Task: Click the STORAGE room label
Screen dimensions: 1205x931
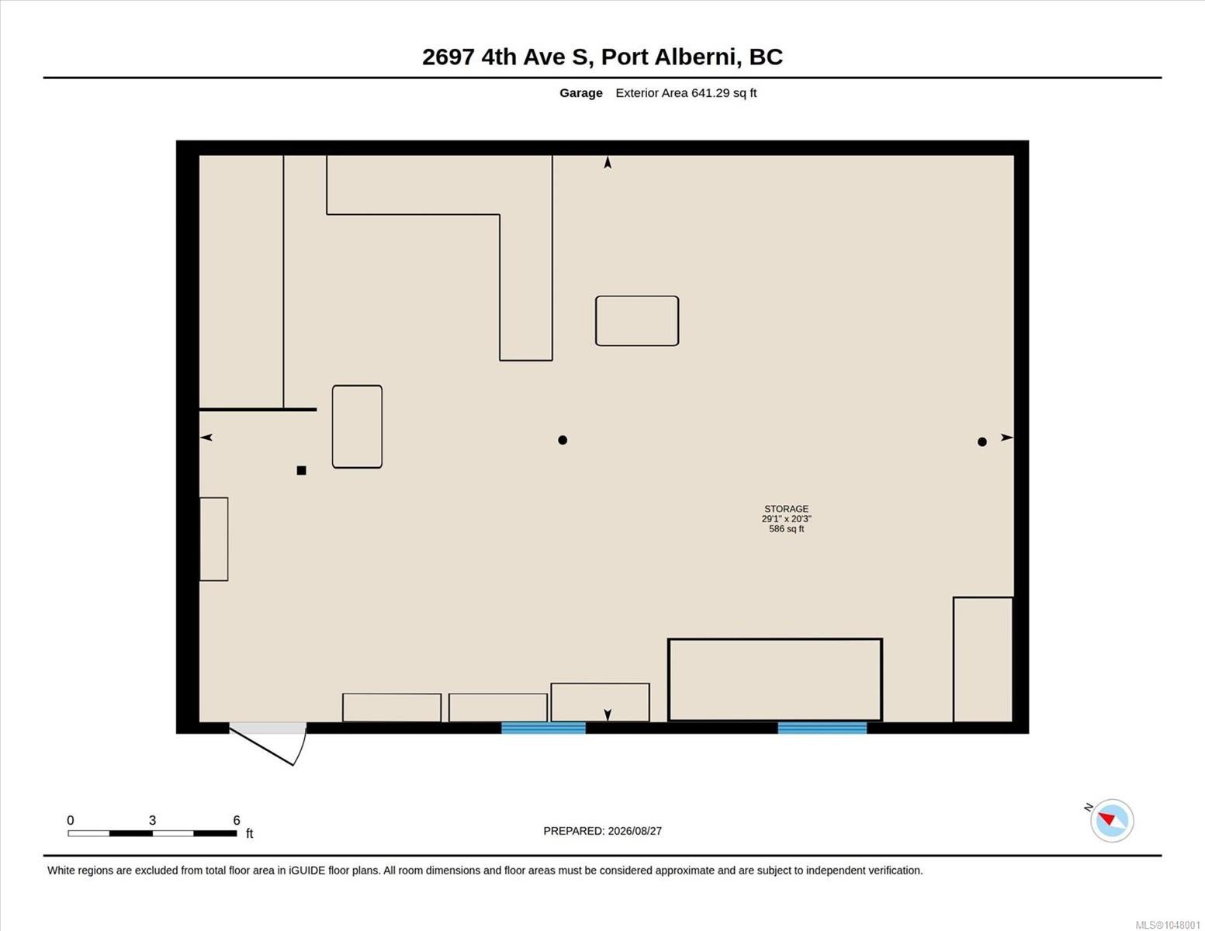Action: click(786, 508)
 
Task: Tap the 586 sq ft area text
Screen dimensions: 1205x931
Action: click(786, 529)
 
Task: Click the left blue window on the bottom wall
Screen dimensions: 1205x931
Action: click(543, 728)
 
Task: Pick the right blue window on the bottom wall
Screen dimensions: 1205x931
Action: click(822, 728)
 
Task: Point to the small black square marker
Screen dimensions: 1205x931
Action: click(301, 470)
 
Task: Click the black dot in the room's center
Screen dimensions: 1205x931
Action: click(563, 440)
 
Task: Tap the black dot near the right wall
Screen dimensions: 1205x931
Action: click(982, 441)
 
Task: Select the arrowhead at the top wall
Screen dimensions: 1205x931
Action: click(608, 162)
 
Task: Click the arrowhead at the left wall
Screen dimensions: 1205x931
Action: click(206, 438)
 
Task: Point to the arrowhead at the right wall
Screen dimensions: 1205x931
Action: click(1006, 438)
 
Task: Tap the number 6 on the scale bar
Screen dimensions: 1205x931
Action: click(236, 820)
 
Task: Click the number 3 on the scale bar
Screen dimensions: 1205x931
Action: click(153, 820)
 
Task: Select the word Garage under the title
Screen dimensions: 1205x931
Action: click(580, 93)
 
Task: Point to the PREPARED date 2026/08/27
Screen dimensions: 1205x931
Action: click(635, 831)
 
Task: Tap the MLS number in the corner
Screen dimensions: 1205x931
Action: click(1168, 925)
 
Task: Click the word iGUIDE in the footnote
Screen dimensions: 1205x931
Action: click(306, 870)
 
